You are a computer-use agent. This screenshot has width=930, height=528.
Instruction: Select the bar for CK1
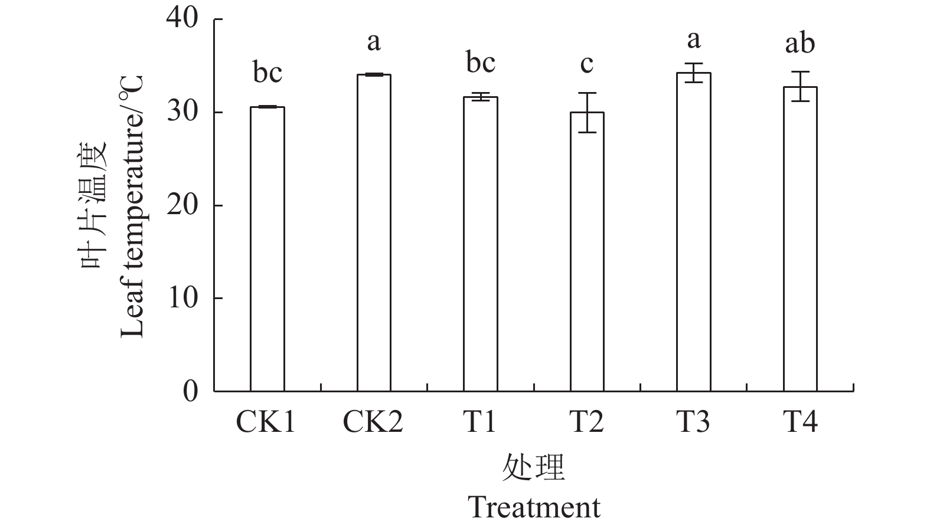(267, 248)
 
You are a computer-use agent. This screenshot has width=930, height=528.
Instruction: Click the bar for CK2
(374, 232)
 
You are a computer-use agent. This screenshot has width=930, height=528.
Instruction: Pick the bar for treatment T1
(480, 244)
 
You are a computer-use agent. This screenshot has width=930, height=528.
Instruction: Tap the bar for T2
(587, 251)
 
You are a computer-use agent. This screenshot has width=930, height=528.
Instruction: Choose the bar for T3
(694, 232)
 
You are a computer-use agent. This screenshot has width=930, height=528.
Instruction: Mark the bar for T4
(800, 239)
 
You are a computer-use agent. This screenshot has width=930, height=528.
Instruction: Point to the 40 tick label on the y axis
(183, 19)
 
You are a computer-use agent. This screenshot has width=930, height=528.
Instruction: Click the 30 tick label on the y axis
(183, 113)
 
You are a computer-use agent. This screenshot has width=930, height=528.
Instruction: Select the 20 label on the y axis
(183, 205)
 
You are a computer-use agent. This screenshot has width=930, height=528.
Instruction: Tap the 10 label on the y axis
(183, 299)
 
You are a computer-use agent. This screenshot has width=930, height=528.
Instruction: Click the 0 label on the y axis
(190, 391)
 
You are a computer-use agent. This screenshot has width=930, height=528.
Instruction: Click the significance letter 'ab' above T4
(800, 43)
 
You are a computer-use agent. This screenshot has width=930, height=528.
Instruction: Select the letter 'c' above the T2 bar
(586, 64)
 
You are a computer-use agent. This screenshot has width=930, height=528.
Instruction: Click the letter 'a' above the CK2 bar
(374, 42)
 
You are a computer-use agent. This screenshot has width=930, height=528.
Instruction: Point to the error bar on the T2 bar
(587, 112)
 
